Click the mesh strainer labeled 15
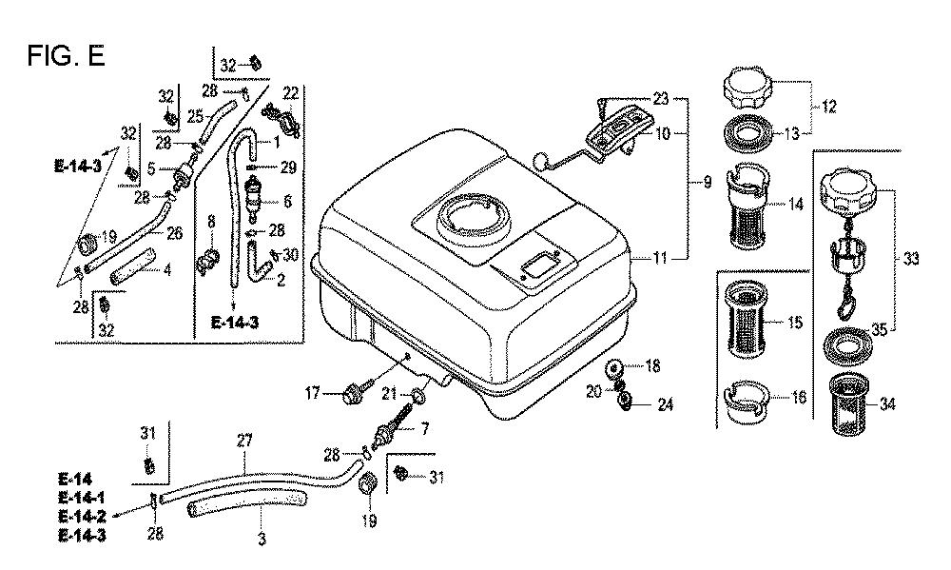tap(753, 322)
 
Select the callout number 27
tap(244, 440)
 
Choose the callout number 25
tap(196, 116)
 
